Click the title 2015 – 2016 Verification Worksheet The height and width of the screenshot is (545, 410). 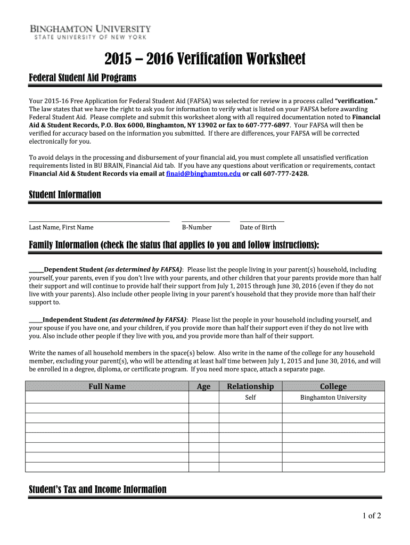pyautogui.click(x=204, y=59)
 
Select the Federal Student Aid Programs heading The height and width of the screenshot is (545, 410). pyautogui.click(x=83, y=78)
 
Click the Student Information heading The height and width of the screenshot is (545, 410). pyautogui.click(x=64, y=195)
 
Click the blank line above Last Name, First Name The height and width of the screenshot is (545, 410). pyautogui.click(x=99, y=219)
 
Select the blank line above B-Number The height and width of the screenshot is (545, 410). pyautogui.click(x=206, y=219)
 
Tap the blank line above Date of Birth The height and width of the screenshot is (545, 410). pyautogui.click(x=261, y=219)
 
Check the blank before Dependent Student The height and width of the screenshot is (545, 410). pyautogui.click(x=36, y=270)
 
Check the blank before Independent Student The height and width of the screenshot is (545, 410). pyautogui.click(x=35, y=320)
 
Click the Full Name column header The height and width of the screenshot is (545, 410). pyautogui.click(x=107, y=386)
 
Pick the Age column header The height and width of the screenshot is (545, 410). pyautogui.click(x=203, y=386)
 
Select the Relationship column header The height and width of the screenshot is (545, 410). pyautogui.click(x=250, y=386)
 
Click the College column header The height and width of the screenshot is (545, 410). pyautogui.click(x=333, y=386)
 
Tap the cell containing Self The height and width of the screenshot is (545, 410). pyautogui.click(x=250, y=398)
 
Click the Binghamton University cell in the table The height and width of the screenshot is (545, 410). pyautogui.click(x=333, y=398)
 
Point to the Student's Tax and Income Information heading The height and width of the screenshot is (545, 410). pyautogui.click(x=97, y=490)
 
